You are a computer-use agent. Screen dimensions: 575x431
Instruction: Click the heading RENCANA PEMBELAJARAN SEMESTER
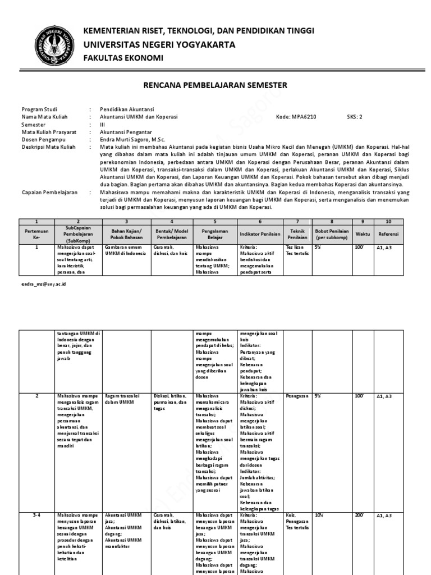tap(215, 85)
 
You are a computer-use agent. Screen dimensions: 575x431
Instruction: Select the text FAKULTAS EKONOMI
tap(123, 58)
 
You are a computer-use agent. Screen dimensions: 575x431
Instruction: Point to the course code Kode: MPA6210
tap(296, 117)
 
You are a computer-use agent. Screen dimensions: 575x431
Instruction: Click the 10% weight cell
tap(318, 515)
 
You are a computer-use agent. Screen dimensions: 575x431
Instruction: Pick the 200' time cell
tap(359, 515)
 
